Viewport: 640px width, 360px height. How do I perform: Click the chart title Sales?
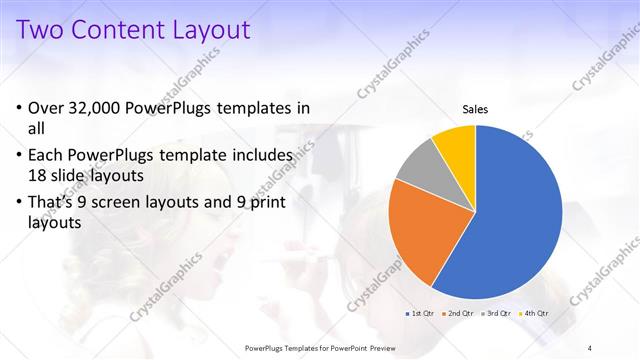474,109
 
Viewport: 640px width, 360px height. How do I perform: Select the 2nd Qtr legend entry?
457,313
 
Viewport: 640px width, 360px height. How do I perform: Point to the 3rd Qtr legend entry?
496,313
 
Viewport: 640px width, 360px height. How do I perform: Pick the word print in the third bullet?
268,203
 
